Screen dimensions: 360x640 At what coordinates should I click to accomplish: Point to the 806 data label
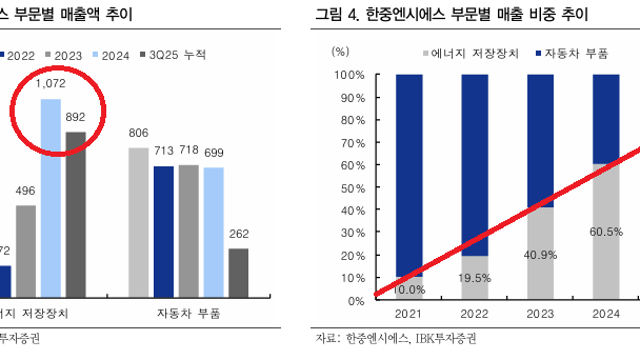139,133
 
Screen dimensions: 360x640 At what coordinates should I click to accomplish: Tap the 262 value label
238,235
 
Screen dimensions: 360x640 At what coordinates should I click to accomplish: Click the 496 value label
25,192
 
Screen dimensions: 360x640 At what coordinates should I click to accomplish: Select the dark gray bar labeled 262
238,272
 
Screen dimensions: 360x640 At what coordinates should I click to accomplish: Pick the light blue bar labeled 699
212,231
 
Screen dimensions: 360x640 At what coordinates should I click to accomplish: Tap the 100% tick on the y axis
349,75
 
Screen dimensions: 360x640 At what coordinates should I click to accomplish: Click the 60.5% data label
607,232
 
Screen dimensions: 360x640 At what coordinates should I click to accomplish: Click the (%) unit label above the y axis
341,50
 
